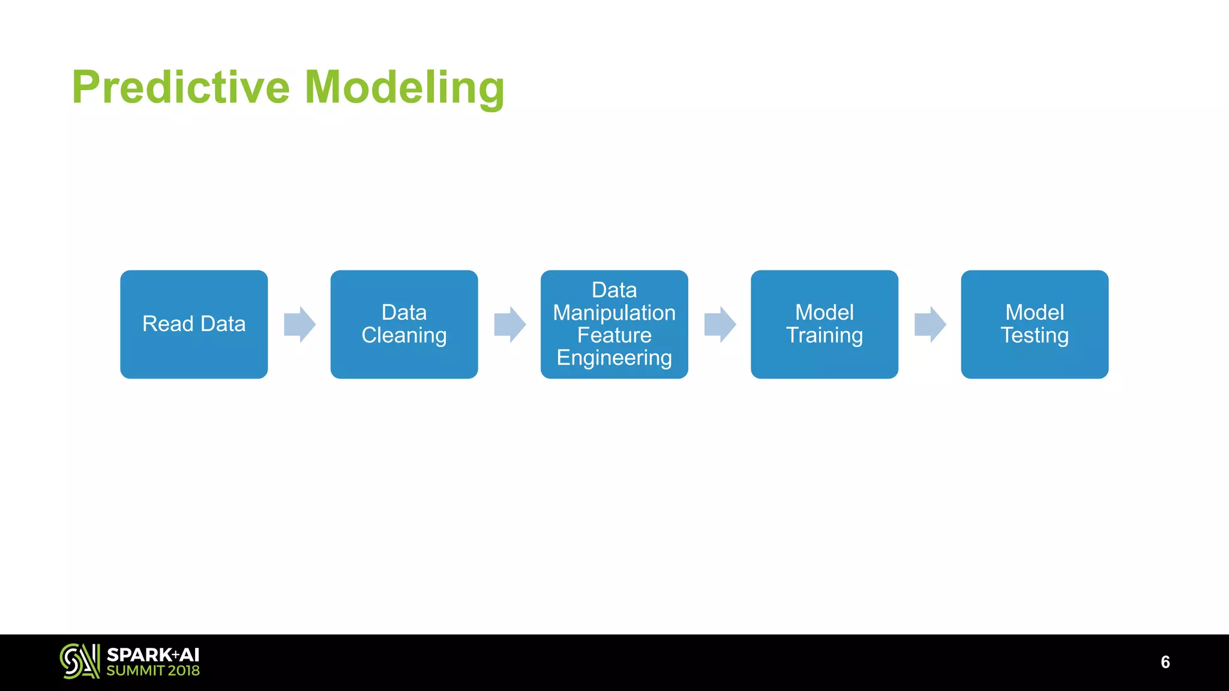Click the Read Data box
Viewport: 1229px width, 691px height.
click(194, 324)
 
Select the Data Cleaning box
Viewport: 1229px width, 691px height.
click(404, 324)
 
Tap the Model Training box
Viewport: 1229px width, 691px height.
click(824, 324)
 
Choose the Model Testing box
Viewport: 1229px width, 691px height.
click(1034, 324)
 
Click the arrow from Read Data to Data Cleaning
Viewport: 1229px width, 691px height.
click(299, 325)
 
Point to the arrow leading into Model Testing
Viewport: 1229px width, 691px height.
click(930, 325)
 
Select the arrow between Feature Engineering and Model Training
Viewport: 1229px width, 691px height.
click(720, 325)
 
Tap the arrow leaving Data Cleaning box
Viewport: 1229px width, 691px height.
click(509, 325)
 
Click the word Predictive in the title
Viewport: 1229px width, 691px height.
click(181, 88)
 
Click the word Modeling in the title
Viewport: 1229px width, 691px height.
click(404, 88)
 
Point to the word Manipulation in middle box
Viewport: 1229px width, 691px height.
click(614, 313)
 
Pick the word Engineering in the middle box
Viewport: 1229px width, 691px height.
click(614, 357)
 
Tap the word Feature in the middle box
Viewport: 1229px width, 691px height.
click(614, 335)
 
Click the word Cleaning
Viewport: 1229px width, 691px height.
click(404, 335)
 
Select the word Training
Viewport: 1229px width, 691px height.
click(824, 335)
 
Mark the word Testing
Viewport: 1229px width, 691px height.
click(1034, 335)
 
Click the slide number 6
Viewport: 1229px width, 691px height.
click(1165, 662)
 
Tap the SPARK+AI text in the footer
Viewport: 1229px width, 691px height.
click(152, 654)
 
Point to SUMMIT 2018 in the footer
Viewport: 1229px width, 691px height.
click(152, 671)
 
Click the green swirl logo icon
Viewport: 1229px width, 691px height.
click(79, 661)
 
